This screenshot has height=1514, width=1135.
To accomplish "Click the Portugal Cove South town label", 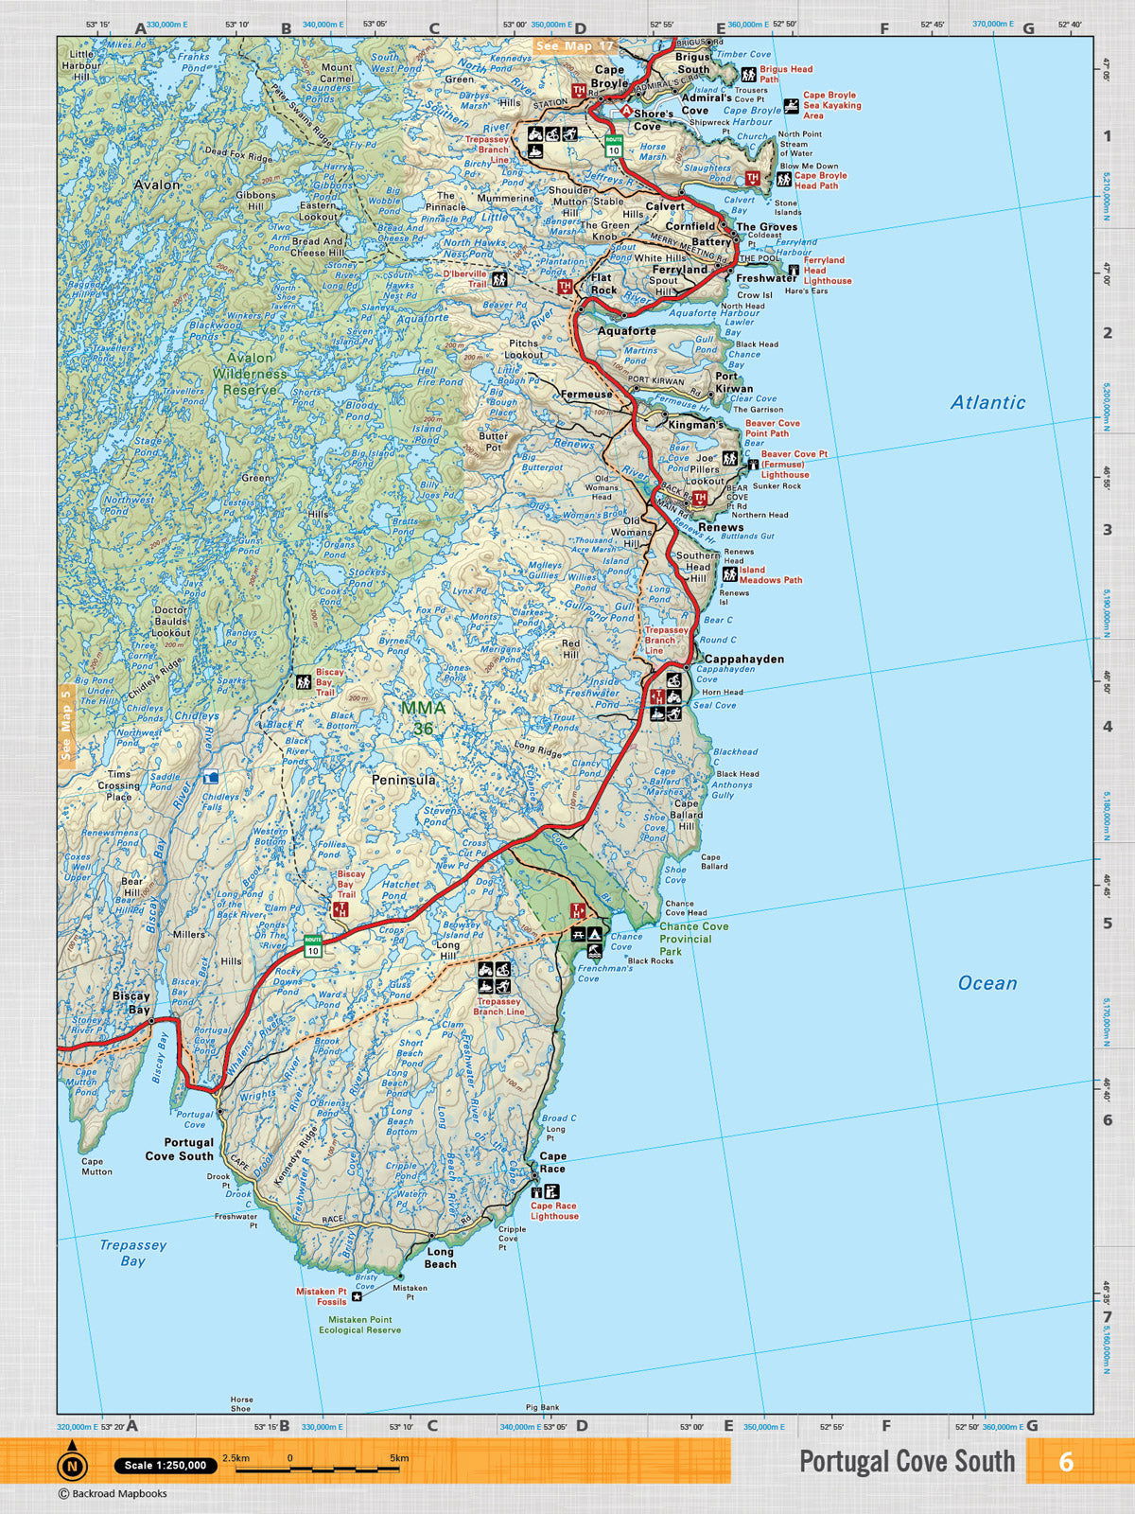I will point(180,1149).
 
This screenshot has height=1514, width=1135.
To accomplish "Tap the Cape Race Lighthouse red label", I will point(554,1210).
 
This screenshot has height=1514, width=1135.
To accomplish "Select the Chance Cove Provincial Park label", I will point(693,939).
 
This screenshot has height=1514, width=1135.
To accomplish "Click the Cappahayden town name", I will point(744,659).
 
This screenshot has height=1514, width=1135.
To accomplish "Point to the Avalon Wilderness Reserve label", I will point(250,373).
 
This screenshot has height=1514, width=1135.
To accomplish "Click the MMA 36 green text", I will point(422,717).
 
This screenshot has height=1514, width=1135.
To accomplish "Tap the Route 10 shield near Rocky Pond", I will point(313,944).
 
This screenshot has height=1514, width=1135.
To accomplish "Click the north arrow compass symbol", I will point(72,1465).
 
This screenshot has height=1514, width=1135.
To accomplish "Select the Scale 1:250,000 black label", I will point(166,1465).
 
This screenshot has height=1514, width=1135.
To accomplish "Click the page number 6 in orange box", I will point(1066,1462).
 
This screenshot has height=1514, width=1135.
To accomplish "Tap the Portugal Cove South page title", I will point(906,1462).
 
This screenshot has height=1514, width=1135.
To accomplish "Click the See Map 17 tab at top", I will point(574,45).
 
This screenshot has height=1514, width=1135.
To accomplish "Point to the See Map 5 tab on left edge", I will point(65,724).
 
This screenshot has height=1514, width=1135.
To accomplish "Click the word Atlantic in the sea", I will point(987,402).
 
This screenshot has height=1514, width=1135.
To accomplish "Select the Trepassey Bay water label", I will point(132,1253).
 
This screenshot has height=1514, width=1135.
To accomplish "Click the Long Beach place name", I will point(440,1258).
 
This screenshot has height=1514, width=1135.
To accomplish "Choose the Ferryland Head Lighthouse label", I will point(827,270).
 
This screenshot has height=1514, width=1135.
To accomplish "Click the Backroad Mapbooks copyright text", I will point(113,1493).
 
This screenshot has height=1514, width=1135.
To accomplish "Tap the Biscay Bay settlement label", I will point(131,1002).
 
